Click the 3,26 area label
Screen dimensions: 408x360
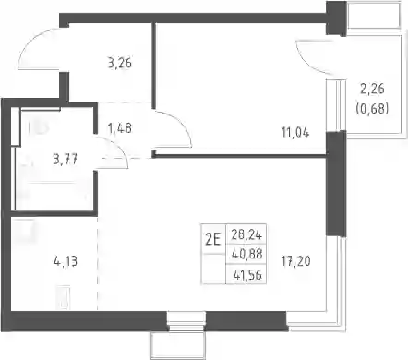[x=120, y=64]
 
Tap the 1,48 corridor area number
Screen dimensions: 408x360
[x=120, y=128]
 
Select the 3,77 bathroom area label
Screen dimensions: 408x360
[x=65, y=160]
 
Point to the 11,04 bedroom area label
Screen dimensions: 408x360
[x=295, y=133]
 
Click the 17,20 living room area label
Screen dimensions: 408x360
[x=295, y=261]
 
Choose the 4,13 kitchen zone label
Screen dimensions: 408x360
[x=66, y=262]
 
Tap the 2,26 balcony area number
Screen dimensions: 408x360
[x=372, y=89]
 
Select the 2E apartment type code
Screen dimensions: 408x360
[x=213, y=239]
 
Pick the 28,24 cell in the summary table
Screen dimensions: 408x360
[x=246, y=235]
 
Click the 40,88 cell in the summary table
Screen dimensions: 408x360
[x=246, y=255]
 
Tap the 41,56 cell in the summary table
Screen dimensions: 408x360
[x=247, y=275]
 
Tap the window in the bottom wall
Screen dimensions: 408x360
[x=186, y=321]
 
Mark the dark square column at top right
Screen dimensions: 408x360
[x=336, y=18]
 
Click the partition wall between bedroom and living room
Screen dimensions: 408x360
[x=240, y=156]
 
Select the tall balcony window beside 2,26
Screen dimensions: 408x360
[x=336, y=105]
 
